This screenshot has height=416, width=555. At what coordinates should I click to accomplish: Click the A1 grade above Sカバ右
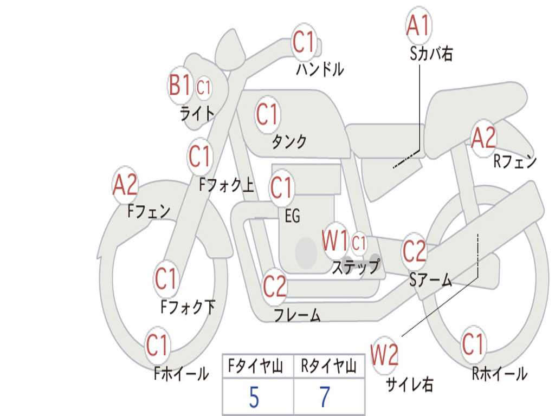click(x=418, y=25)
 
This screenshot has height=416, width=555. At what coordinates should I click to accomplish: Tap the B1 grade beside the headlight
click(x=180, y=85)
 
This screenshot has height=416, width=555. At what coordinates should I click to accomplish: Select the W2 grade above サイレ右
click(x=384, y=355)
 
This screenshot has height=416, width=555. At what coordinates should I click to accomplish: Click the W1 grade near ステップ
click(x=335, y=240)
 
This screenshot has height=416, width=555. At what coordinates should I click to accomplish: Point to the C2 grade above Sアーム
click(x=414, y=251)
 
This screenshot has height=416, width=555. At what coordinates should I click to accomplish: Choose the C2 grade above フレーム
click(x=274, y=286)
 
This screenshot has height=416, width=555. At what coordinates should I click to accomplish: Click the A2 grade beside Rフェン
click(x=483, y=138)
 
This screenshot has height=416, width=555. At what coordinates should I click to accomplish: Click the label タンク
click(x=289, y=142)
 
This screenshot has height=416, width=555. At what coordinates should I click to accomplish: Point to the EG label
click(x=292, y=216)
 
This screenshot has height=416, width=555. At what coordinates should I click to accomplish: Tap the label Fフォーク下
click(x=188, y=307)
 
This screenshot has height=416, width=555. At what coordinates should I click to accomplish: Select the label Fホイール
click(x=181, y=374)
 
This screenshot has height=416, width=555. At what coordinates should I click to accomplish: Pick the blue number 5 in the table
click(x=254, y=398)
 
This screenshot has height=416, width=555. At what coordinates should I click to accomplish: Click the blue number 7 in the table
click(x=325, y=397)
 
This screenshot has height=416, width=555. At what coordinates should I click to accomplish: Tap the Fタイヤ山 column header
click(x=256, y=366)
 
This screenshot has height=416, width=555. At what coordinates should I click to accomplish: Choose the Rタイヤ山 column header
click(x=328, y=366)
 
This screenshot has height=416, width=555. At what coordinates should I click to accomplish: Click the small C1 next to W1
click(x=359, y=243)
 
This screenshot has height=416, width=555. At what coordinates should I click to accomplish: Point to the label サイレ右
click(x=409, y=384)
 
